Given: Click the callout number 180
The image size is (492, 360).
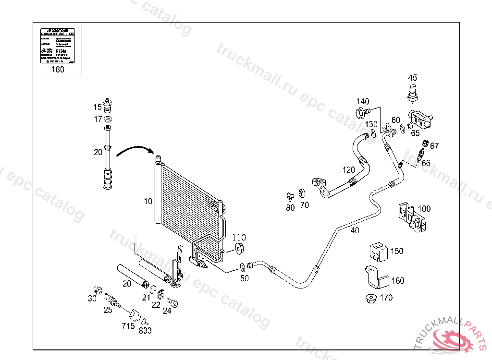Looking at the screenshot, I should [58, 69].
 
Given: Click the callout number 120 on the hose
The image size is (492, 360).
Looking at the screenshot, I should [348, 170].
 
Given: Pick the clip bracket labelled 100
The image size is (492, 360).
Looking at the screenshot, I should [411, 217].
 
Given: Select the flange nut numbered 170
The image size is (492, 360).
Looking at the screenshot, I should [371, 298].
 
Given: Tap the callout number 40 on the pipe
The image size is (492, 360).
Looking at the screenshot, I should [355, 230].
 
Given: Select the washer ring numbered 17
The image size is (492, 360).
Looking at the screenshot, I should [109, 119].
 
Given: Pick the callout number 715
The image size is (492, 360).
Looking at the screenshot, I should [128, 326].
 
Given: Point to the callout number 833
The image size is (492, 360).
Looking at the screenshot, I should [145, 330].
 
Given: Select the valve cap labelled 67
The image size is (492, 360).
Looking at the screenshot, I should [425, 144].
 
